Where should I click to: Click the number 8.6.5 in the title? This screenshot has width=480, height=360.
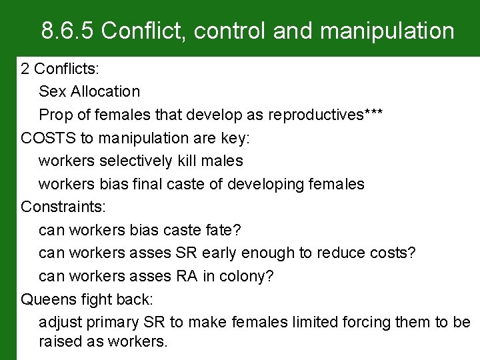68,31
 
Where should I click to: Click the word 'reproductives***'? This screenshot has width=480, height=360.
325,115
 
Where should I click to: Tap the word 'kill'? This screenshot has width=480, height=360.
191,161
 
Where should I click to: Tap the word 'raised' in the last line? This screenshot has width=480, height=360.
61,342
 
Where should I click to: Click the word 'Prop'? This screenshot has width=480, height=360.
54,115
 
